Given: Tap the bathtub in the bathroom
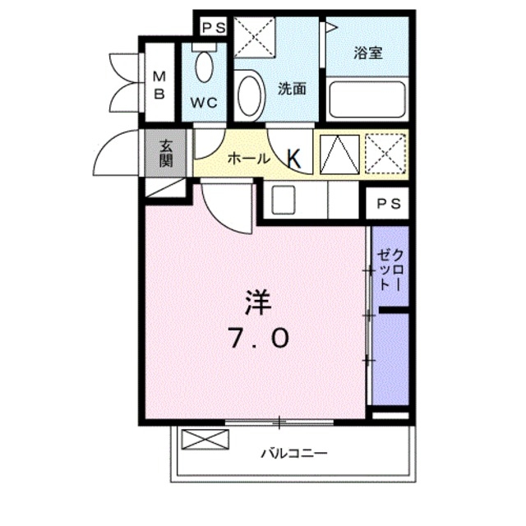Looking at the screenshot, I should pyautogui.click(x=367, y=100).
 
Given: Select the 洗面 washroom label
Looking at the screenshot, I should pyautogui.click(x=292, y=89).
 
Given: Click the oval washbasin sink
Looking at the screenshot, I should pyautogui.click(x=250, y=95).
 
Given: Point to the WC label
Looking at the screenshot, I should pyautogui.click(x=204, y=104).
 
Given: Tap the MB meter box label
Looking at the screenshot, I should pyautogui.click(x=159, y=85).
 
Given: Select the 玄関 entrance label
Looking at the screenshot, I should pyautogui.click(x=165, y=153).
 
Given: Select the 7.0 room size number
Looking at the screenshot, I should pyautogui.click(x=257, y=338).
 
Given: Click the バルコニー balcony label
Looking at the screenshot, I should pyautogui.click(x=294, y=453).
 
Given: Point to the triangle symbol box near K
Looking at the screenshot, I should pyautogui.click(x=337, y=154).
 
